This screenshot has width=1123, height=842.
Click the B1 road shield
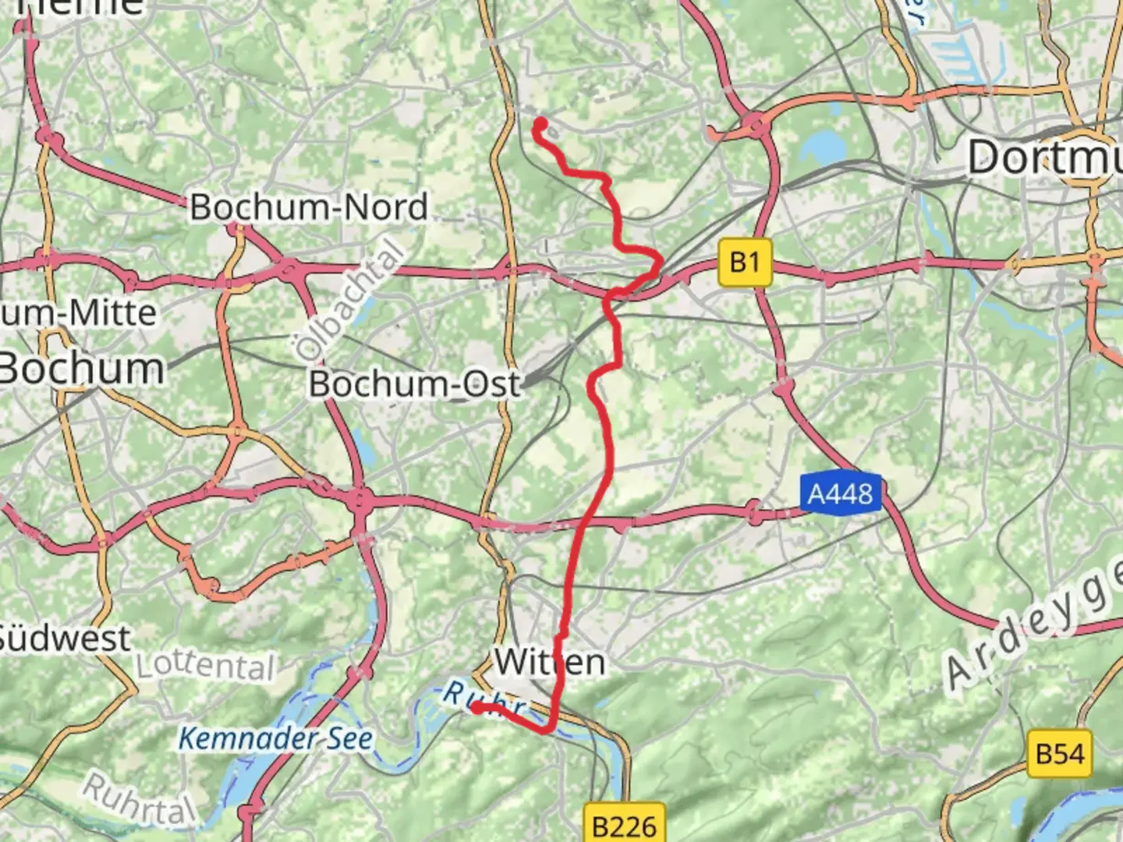pyautogui.click(x=744, y=263)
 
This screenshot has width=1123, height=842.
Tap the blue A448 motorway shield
pyautogui.click(x=840, y=494)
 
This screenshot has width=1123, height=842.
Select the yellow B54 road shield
pyautogui.click(x=1059, y=754)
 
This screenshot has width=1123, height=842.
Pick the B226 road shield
pyautogui.click(x=624, y=825)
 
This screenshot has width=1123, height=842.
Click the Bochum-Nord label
pyautogui.click(x=309, y=207)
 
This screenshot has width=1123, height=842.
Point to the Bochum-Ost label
pyautogui.click(x=414, y=384)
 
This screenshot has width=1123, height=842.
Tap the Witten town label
pyautogui.click(x=550, y=663)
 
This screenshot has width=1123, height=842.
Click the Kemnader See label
pyautogui.click(x=275, y=738)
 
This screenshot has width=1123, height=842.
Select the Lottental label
pyautogui.click(x=206, y=666)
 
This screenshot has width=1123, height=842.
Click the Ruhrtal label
pyautogui.click(x=139, y=800)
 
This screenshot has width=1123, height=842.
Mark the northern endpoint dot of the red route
pyautogui.click(x=540, y=123)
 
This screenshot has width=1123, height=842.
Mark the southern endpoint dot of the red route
pyautogui.click(x=476, y=707)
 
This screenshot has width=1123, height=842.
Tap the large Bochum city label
pyautogui.click(x=81, y=368)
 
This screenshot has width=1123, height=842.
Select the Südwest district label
pyautogui.click(x=64, y=639)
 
